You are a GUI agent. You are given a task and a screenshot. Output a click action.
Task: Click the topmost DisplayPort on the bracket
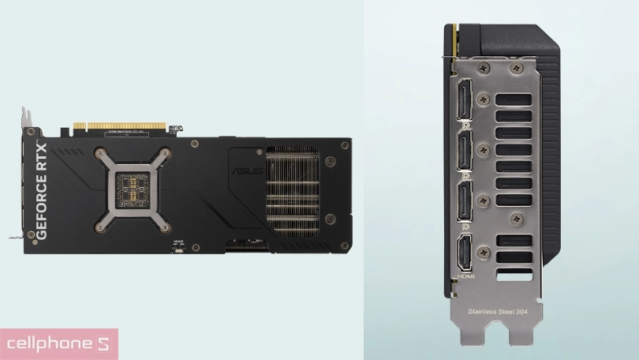[x=465, y=103]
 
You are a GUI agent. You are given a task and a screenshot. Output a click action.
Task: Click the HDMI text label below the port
[x=465, y=278]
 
